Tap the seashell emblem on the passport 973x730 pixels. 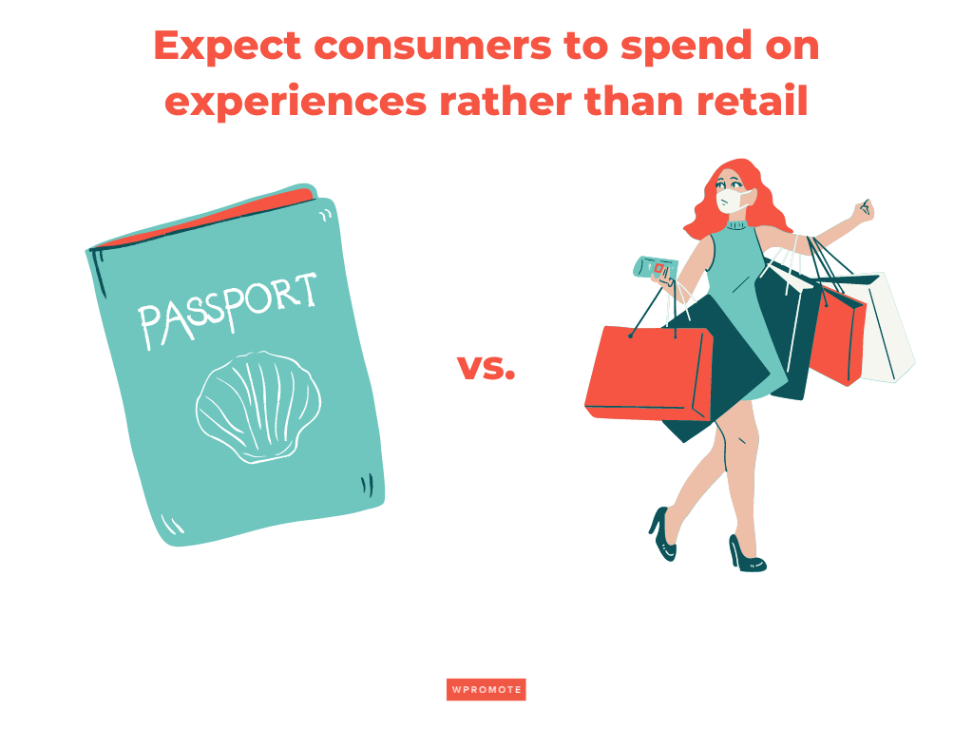258,406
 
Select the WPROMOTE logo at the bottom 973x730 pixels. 486,690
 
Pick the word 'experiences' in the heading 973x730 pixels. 295,101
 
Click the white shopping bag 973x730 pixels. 888,328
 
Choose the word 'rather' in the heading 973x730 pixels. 499,101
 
